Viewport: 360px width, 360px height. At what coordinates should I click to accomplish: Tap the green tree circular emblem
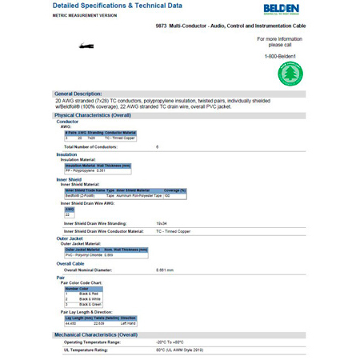point(289,74)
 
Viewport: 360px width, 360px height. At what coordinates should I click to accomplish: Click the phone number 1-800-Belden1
point(280,56)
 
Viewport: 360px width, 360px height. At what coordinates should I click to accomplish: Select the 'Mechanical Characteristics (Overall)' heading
point(95,334)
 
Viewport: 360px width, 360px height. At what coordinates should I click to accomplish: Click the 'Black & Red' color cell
point(90,294)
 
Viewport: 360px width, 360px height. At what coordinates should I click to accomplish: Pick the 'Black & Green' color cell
point(90,304)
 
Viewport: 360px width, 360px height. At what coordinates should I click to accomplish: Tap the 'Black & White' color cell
point(90,298)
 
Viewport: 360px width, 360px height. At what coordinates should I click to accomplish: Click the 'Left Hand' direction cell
point(128,322)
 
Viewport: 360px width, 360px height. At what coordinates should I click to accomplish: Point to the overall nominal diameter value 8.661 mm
point(165,270)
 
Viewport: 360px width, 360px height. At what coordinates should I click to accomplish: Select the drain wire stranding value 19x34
point(161,222)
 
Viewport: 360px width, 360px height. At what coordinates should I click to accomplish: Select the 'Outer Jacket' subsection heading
point(70,238)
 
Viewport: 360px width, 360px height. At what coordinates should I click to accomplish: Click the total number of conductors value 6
point(158,147)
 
